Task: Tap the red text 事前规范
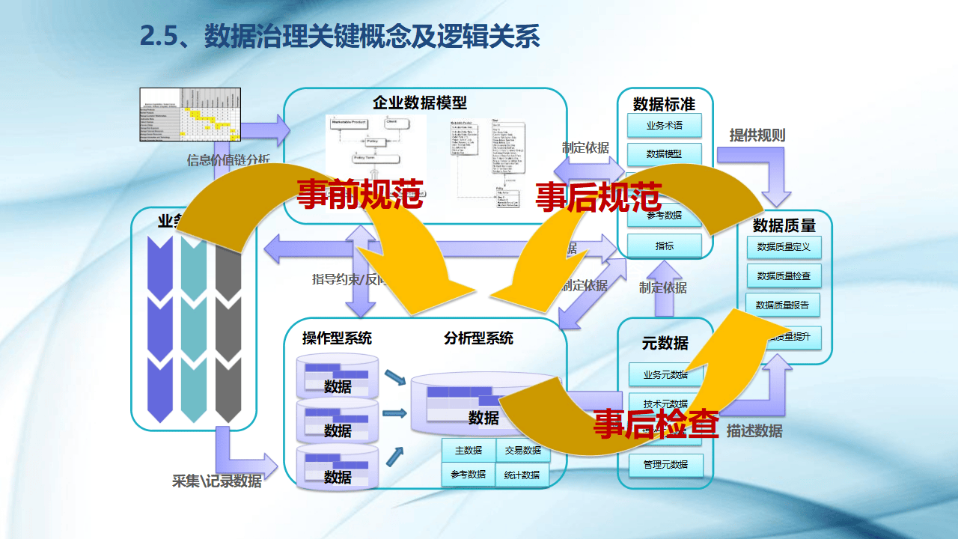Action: [360, 194]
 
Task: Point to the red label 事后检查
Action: [656, 424]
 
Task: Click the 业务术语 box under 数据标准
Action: [664, 126]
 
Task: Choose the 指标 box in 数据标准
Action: [664, 246]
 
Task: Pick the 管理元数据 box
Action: [665, 464]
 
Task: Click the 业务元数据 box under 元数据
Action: [665, 374]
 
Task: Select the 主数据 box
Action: [468, 451]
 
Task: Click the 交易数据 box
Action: [522, 451]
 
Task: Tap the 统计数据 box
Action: [522, 475]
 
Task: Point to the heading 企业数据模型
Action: [420, 103]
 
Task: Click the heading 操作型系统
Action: [337, 338]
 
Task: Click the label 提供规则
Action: [757, 135]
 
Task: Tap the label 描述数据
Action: [754, 431]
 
